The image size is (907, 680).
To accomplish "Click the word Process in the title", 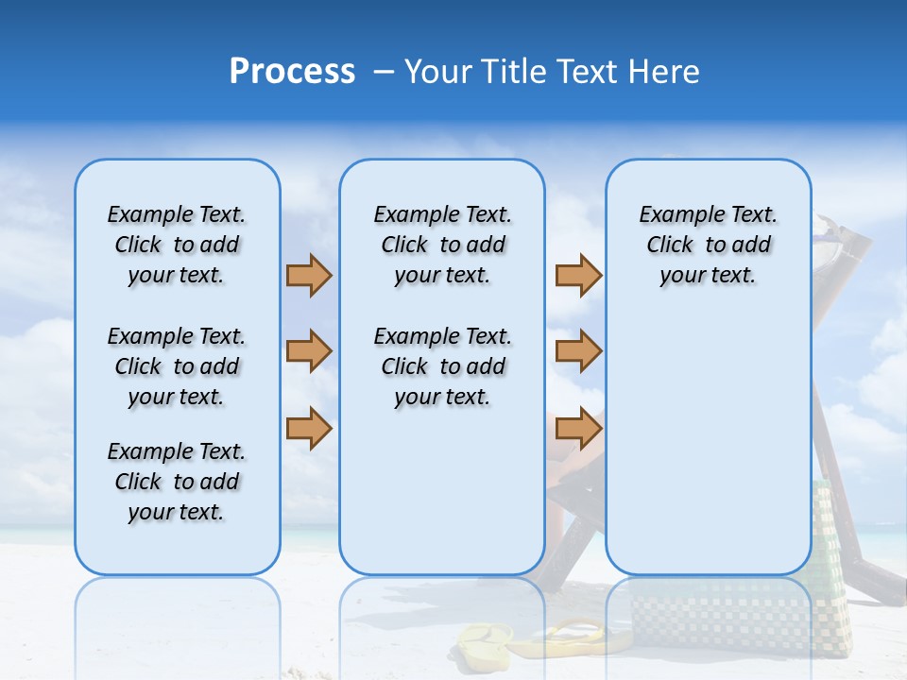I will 292,72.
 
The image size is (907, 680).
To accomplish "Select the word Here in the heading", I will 664,72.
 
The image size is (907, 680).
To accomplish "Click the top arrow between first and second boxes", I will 309,276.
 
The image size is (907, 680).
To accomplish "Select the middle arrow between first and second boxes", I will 309,351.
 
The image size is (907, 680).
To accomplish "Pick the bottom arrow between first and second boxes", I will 309,429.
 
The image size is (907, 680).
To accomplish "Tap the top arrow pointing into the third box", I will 578,276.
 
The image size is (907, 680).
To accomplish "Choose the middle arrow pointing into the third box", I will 578,351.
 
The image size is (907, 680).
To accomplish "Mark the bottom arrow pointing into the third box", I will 578,429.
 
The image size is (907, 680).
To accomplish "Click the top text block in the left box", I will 177,245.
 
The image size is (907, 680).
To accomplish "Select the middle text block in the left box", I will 177,366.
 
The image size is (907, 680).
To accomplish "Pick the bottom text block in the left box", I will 177,482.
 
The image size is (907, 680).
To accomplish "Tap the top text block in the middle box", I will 442,245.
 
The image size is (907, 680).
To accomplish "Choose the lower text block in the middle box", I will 442,366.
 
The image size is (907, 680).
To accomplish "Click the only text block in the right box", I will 708,245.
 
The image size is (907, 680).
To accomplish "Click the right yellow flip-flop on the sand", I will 567,637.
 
